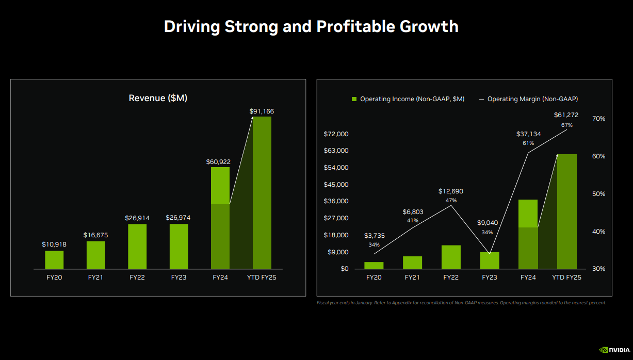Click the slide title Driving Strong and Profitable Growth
311,26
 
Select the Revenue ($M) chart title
158,98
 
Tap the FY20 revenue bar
54,260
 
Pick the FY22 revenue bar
137,247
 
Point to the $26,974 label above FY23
178,218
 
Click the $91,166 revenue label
262,111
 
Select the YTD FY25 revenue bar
262,193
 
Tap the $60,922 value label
218,161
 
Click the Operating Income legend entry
408,99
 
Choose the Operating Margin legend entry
528,99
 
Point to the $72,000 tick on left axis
336,134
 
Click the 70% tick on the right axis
598,119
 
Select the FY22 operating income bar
451,257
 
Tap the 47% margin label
450,201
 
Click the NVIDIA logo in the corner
613,350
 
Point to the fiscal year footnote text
461,303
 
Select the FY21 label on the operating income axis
412,277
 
